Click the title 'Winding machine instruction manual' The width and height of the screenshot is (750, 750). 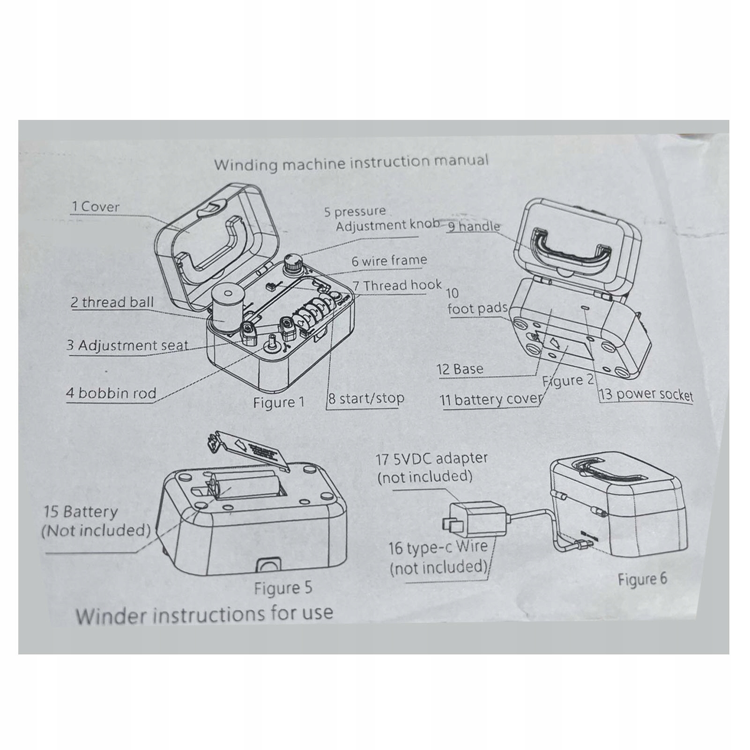pyautogui.click(x=351, y=163)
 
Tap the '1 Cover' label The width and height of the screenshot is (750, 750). pyautogui.click(x=96, y=207)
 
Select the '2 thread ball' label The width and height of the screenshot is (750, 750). pyautogui.click(x=112, y=302)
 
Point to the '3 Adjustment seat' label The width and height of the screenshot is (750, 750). pyautogui.click(x=127, y=346)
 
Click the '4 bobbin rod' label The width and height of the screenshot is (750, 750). pyautogui.click(x=111, y=393)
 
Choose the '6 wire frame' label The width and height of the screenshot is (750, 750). pyautogui.click(x=389, y=260)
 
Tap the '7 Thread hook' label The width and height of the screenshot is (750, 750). pyautogui.click(x=397, y=285)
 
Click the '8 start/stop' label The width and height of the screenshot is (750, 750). pyautogui.click(x=366, y=399)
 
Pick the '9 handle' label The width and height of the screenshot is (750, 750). pyautogui.click(x=474, y=226)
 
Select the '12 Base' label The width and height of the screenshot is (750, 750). pyautogui.click(x=460, y=369)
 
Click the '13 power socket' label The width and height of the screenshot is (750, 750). pyautogui.click(x=646, y=394)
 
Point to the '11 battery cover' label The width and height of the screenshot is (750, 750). pyautogui.click(x=490, y=400)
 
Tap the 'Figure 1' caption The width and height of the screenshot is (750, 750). pyautogui.click(x=279, y=402)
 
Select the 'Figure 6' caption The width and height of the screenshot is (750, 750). pyautogui.click(x=642, y=579)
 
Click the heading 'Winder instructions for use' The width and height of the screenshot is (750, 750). pyautogui.click(x=205, y=614)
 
